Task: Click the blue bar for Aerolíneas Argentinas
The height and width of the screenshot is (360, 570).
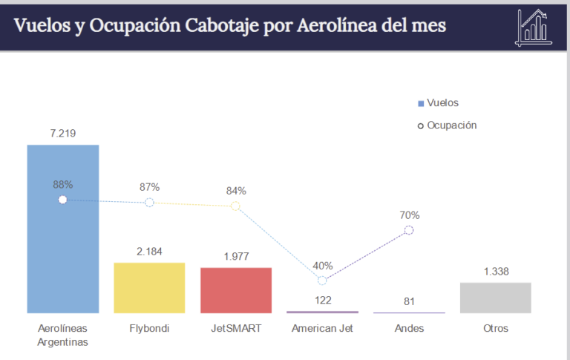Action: tap(62, 245)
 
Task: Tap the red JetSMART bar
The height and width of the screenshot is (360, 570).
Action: tap(236, 290)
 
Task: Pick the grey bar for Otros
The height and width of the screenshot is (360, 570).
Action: tap(495, 298)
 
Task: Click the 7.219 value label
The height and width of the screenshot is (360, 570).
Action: tap(63, 134)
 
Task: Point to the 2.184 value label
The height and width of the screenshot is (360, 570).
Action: tap(149, 252)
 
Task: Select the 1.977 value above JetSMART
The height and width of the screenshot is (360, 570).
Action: tap(236, 257)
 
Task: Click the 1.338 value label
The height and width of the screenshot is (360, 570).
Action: tap(496, 272)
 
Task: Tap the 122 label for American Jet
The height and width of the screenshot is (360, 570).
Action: tap(322, 301)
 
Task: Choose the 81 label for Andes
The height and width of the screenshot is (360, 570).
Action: tap(409, 301)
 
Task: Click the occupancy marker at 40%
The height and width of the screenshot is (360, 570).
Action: tap(322, 281)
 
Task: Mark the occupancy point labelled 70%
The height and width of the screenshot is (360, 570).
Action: tap(409, 230)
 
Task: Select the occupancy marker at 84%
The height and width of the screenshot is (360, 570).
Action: tap(235, 206)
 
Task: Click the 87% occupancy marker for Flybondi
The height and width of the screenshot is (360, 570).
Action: tap(149, 202)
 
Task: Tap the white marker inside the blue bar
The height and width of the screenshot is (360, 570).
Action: tap(62, 200)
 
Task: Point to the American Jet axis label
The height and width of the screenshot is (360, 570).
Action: tap(322, 328)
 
